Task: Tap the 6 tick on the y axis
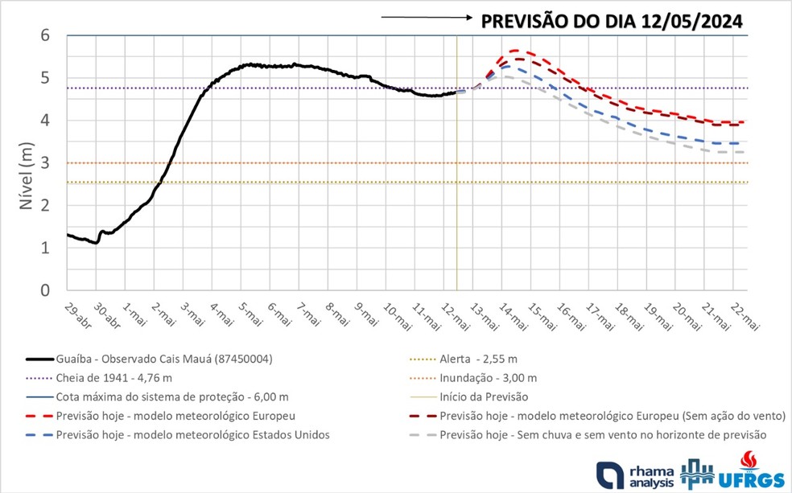46,35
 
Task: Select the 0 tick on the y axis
46,290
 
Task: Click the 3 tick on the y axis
46,163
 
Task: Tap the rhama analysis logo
632,474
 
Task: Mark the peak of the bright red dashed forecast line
513,51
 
